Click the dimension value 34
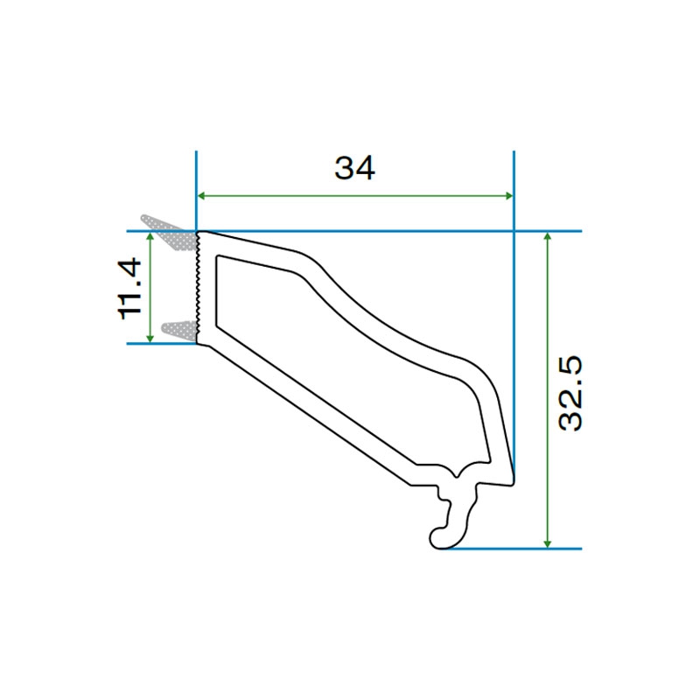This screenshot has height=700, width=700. tap(354, 167)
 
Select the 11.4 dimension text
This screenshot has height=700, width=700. tap(129, 288)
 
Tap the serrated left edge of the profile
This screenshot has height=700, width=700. tap(199, 289)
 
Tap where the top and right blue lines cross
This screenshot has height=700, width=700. tap(514, 232)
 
